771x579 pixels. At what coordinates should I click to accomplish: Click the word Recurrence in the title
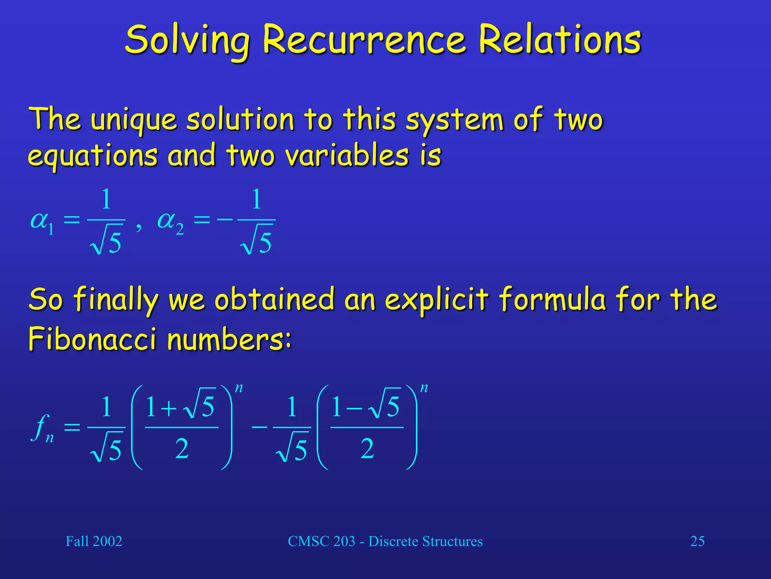click(x=364, y=40)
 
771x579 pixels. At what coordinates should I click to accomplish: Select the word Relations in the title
click(x=559, y=40)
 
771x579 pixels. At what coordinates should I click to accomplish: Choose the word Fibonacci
click(x=92, y=339)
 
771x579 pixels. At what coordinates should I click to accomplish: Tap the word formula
click(x=552, y=300)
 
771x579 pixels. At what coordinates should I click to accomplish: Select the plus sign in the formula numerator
click(x=169, y=408)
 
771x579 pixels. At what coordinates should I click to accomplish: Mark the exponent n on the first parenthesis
click(x=239, y=388)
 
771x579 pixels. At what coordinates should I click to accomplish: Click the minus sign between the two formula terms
click(x=259, y=427)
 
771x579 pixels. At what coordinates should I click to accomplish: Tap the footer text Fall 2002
click(x=94, y=541)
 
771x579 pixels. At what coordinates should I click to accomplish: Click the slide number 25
click(x=697, y=541)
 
